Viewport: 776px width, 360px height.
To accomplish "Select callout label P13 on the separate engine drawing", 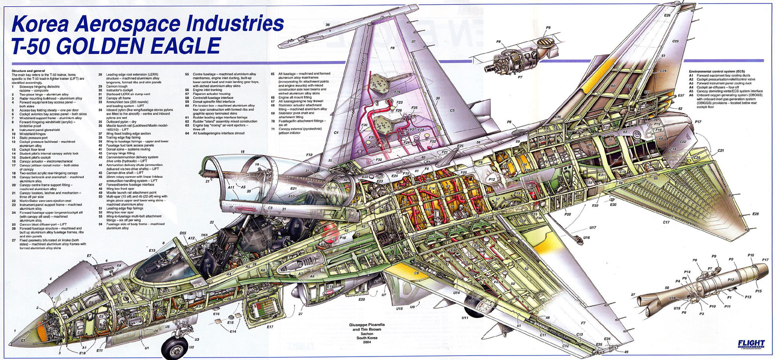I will click(x=748, y=297).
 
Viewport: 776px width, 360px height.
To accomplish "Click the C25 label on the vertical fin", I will click(x=676, y=41).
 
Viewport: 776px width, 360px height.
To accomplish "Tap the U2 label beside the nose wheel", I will click(x=192, y=347).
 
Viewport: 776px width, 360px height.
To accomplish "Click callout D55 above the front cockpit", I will click(x=183, y=233).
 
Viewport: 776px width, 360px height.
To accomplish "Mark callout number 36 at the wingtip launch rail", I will click(x=327, y=25).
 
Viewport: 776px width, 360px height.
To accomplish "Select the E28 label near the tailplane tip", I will click(x=755, y=214).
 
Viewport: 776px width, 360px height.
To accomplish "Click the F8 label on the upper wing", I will click(x=392, y=48).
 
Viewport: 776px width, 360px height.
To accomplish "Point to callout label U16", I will click(x=586, y=237).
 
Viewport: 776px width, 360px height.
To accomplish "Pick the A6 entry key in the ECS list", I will click(x=691, y=95).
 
